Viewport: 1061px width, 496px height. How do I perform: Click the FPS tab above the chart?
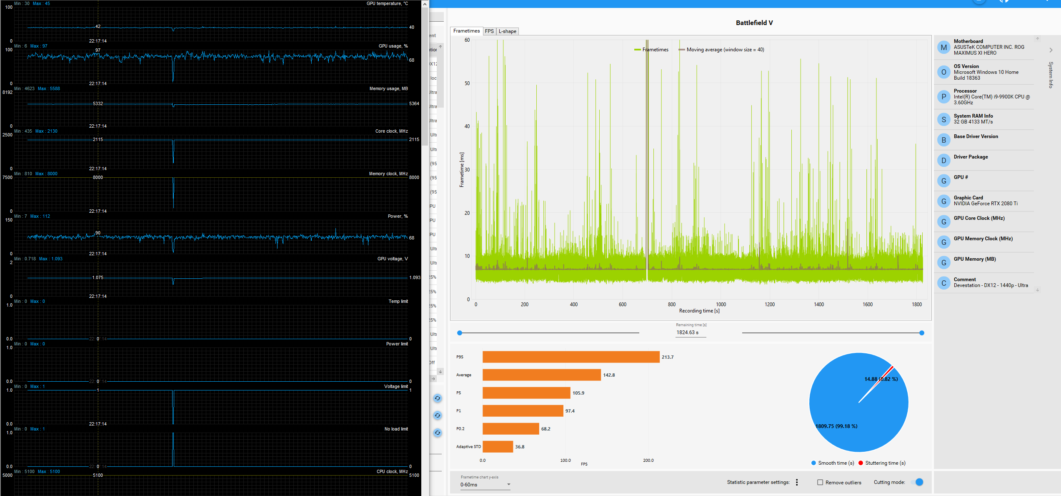point(489,31)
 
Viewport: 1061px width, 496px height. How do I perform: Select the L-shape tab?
point(507,31)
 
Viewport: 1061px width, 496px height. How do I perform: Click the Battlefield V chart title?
point(754,23)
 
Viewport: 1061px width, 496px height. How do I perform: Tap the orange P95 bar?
point(571,357)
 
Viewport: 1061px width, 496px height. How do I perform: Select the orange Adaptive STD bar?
point(498,446)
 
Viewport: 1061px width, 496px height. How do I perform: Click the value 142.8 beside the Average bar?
point(609,375)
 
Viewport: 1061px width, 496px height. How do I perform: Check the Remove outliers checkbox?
point(820,482)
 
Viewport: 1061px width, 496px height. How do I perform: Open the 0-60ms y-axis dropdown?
point(485,485)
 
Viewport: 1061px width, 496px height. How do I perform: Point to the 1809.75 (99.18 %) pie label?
point(836,426)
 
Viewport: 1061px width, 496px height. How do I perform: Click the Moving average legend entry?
point(725,50)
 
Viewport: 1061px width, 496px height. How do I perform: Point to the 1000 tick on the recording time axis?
point(721,305)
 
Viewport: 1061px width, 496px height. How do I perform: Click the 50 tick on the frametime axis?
point(467,83)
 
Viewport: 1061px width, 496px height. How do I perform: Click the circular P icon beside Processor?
point(943,97)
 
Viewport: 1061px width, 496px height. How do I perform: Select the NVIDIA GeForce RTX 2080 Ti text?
point(985,204)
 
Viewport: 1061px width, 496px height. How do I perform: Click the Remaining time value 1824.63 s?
point(688,332)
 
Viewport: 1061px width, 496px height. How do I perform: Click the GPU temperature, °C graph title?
point(387,3)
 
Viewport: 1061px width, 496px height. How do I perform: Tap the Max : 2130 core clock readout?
point(46,131)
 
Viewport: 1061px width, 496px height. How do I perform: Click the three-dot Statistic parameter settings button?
point(797,482)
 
